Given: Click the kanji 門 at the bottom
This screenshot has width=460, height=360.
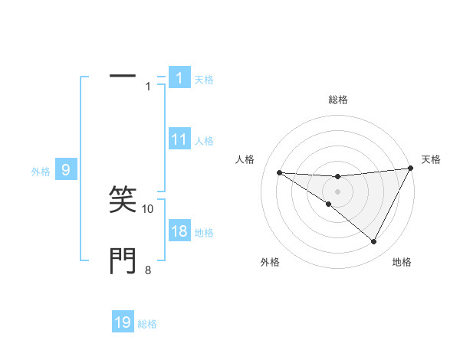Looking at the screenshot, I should click(x=123, y=261).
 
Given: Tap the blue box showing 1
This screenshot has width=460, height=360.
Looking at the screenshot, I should click(x=179, y=77).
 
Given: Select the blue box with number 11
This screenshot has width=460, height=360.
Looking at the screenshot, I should click(x=179, y=139).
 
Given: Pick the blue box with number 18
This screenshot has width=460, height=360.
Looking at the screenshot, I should click(x=179, y=231).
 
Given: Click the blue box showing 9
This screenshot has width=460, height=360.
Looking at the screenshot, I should click(x=66, y=170).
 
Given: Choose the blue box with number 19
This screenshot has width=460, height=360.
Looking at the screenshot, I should click(x=123, y=322).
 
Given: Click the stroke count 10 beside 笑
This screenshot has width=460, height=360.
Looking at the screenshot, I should click(x=148, y=208).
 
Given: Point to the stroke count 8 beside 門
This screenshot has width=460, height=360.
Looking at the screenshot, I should click(x=148, y=270).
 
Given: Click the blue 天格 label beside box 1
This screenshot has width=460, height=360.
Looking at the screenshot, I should click(x=203, y=79).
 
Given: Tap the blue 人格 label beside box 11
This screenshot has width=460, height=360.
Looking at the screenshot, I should click(x=203, y=141).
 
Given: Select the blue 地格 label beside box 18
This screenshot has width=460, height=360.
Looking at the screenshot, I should click(x=203, y=233).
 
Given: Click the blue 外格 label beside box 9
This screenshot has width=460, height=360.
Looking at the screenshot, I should click(x=41, y=172).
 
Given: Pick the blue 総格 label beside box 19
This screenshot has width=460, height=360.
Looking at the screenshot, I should click(x=147, y=324).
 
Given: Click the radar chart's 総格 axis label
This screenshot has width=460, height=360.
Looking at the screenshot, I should click(x=337, y=100).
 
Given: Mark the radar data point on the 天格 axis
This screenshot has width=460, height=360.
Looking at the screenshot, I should click(x=410, y=169).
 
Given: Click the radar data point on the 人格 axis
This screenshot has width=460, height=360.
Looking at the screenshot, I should click(x=279, y=172).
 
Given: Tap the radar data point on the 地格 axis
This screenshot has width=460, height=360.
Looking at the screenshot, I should click(x=374, y=242).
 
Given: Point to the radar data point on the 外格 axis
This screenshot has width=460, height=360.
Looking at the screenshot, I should click(x=329, y=204).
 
